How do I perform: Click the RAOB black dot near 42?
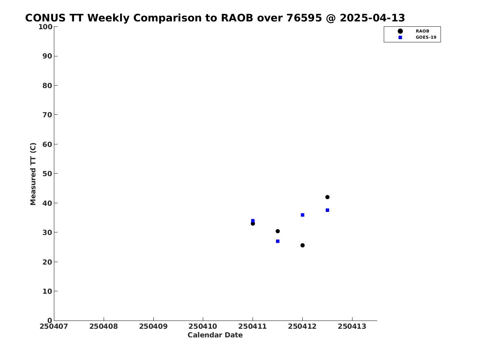click(x=327, y=197)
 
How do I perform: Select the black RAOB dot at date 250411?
click(x=253, y=223)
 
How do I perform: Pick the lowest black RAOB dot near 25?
click(x=302, y=245)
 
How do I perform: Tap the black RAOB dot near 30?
click(x=278, y=231)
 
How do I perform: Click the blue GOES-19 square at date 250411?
click(x=253, y=221)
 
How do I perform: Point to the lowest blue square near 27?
click(x=278, y=241)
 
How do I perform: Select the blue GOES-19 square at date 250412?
click(x=302, y=215)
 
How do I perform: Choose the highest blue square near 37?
click(x=327, y=210)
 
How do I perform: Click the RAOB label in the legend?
click(x=422, y=31)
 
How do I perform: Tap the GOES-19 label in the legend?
click(x=426, y=37)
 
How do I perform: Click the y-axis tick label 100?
click(x=45, y=27)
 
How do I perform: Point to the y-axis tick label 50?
click(x=47, y=174)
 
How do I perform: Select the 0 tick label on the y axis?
click(x=50, y=321)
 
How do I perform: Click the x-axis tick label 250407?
click(x=54, y=326)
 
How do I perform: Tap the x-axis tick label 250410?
click(x=203, y=326)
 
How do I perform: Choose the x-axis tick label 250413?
click(x=352, y=326)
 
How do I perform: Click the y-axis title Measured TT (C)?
click(x=33, y=174)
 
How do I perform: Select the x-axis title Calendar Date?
click(x=215, y=335)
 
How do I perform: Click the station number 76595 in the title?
click(x=304, y=18)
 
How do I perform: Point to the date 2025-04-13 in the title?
click(x=372, y=18)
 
